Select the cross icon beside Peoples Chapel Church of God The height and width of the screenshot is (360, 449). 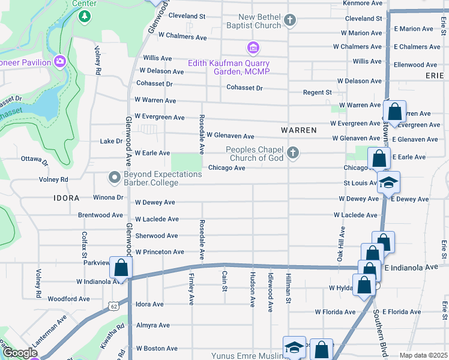292,153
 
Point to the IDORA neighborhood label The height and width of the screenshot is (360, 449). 66,197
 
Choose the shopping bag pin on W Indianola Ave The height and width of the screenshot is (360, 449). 121,268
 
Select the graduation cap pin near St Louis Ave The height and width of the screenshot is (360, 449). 388,182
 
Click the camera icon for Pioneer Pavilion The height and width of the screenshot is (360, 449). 59,61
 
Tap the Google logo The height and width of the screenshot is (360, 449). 19,353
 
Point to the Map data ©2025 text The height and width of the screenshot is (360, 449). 423,355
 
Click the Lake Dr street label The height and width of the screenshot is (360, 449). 111,142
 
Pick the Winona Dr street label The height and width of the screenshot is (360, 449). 108,197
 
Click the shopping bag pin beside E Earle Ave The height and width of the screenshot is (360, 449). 379,159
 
